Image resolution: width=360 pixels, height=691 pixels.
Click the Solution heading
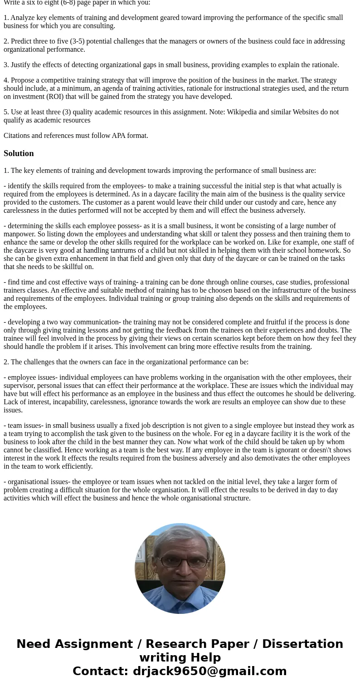coord(19,153)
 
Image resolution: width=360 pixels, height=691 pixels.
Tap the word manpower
coord(19,234)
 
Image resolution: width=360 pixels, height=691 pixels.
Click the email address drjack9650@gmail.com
coord(209,671)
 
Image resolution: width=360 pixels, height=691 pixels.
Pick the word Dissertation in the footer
coord(302,644)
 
